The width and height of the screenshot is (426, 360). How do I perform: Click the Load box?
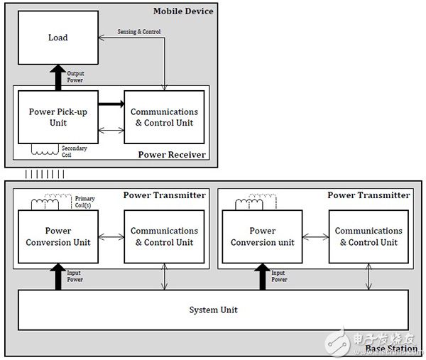[58, 38]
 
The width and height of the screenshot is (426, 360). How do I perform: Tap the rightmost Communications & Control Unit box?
[368, 236]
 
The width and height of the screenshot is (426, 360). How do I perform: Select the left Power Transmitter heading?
[165, 195]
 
